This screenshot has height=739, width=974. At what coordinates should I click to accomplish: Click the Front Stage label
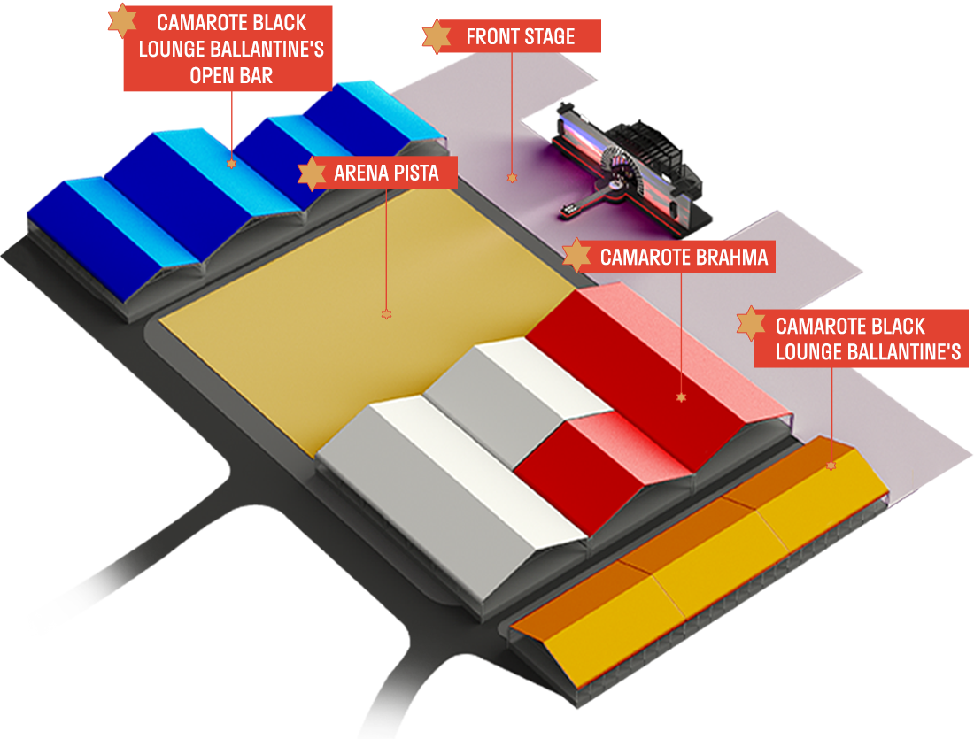coord(520,37)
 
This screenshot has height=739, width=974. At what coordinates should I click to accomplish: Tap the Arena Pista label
coord(386,173)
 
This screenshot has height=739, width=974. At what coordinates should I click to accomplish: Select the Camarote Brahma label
coord(683,258)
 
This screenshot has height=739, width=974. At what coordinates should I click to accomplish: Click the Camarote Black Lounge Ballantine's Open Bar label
coord(231,48)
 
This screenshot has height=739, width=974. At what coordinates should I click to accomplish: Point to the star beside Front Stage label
coord(436,36)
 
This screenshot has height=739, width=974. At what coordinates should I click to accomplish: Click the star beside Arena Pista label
coord(312,173)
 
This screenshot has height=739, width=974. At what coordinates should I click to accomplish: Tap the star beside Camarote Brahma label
coord(577,256)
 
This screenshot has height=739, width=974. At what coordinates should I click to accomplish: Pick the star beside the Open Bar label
coord(122,20)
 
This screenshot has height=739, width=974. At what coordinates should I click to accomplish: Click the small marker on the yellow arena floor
coord(385,314)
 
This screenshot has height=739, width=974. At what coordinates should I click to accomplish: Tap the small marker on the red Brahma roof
coord(681,397)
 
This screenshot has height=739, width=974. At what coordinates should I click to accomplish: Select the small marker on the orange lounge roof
coord(831,465)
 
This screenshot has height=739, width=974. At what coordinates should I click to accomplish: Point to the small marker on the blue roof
coord(231,164)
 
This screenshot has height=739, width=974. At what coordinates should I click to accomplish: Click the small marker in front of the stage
coord(511,178)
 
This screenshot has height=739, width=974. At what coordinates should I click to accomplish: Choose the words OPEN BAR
coord(231,75)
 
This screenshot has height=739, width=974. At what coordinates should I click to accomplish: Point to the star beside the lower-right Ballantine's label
coord(751,324)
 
